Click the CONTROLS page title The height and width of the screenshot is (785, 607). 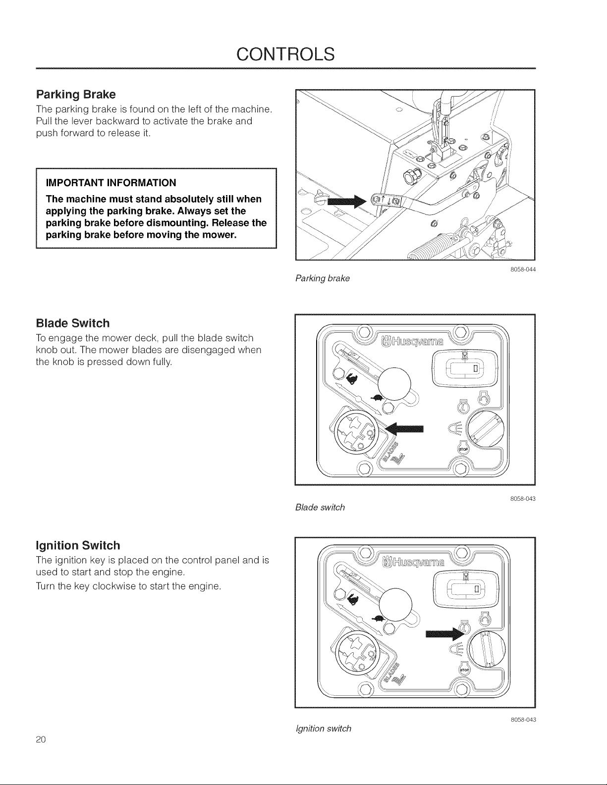coord(285,54)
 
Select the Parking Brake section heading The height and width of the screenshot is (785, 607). coord(76,94)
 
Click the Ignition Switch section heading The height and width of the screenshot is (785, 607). coord(78,545)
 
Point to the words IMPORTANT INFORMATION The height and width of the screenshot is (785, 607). coord(111,183)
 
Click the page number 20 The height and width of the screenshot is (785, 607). coord(41,739)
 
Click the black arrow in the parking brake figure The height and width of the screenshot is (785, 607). coord(347,202)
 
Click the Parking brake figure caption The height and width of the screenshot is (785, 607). coord(323,278)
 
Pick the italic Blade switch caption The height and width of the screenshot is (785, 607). coord(320,507)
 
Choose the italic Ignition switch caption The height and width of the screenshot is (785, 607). coord(324,728)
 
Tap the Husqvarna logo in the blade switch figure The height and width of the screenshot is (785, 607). coord(412,341)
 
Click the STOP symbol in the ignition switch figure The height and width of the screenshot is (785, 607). coord(464,670)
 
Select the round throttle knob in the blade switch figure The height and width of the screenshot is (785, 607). coord(393,384)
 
